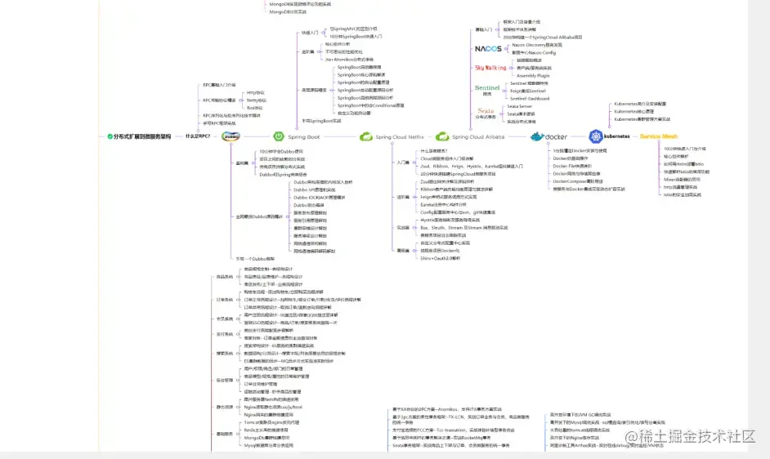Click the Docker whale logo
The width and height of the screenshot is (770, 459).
tap(548, 136)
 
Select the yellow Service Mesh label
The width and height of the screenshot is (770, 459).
tap(659, 136)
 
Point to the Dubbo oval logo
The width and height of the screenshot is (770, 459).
tap(230, 136)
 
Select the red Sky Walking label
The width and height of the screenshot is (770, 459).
tap(490, 68)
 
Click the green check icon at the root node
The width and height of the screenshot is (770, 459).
tap(110, 136)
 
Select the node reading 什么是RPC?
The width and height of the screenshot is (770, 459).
tap(197, 136)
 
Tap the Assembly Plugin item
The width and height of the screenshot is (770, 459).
tap(533, 75)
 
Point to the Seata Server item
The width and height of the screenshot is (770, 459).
tap(519, 106)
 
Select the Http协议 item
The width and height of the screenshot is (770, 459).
tap(255, 92)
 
